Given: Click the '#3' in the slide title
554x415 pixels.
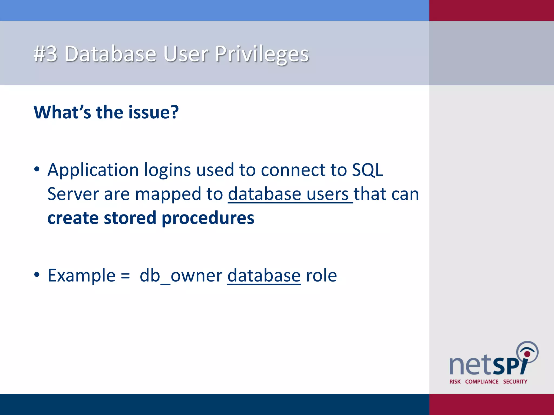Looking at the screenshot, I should coord(45,54).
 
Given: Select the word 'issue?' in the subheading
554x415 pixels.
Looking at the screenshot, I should coord(153,112).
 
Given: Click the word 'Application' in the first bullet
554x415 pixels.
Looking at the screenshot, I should coord(93,170).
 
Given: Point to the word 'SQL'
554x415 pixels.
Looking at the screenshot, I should coord(367,170).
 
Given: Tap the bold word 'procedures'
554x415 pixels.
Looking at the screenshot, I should coord(208,218).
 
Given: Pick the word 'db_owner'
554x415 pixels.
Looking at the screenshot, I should coord(181,276).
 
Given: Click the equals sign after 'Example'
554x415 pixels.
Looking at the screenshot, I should coord(125,276).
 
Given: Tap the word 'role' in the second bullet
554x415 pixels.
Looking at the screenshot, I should coord(321,276).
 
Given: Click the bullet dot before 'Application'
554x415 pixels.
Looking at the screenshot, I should coord(37,170).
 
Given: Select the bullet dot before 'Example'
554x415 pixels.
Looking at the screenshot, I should coord(37,275).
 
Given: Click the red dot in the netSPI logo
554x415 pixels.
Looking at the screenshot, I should coord(527,354).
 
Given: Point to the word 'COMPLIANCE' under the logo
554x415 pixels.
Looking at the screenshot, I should coord(482,381).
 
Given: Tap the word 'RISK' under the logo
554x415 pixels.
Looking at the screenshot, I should coord(455,381).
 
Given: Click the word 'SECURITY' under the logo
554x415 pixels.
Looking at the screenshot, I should coord(515,381).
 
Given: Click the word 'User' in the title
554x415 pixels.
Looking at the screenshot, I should coord(186,54).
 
